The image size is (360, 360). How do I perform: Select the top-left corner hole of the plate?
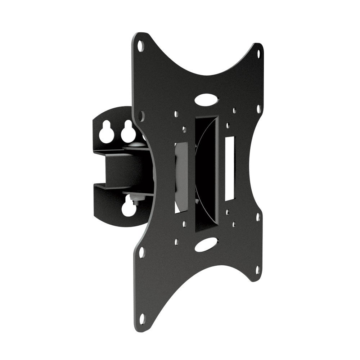click(x=141, y=45)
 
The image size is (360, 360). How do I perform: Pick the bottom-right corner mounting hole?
click(x=258, y=269)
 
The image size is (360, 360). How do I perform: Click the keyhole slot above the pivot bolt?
click(x=128, y=132)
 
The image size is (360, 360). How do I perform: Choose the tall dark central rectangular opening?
click(x=206, y=173)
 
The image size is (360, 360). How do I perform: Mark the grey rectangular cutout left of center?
click(x=181, y=176)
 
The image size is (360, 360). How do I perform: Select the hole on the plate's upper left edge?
click(x=141, y=115)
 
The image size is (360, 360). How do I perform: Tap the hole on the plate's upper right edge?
click(x=258, y=108)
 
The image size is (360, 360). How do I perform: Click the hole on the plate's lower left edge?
click(x=141, y=252)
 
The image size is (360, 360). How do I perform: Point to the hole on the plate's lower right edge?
click(x=258, y=217)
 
